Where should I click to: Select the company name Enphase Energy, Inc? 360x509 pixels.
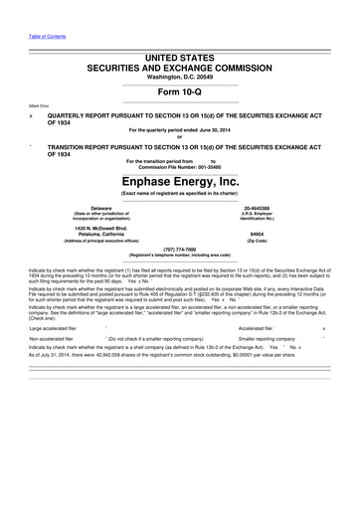[x=180, y=182]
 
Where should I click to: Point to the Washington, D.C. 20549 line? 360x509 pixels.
[x=180, y=77]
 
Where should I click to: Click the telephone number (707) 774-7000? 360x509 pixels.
[x=180, y=249]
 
